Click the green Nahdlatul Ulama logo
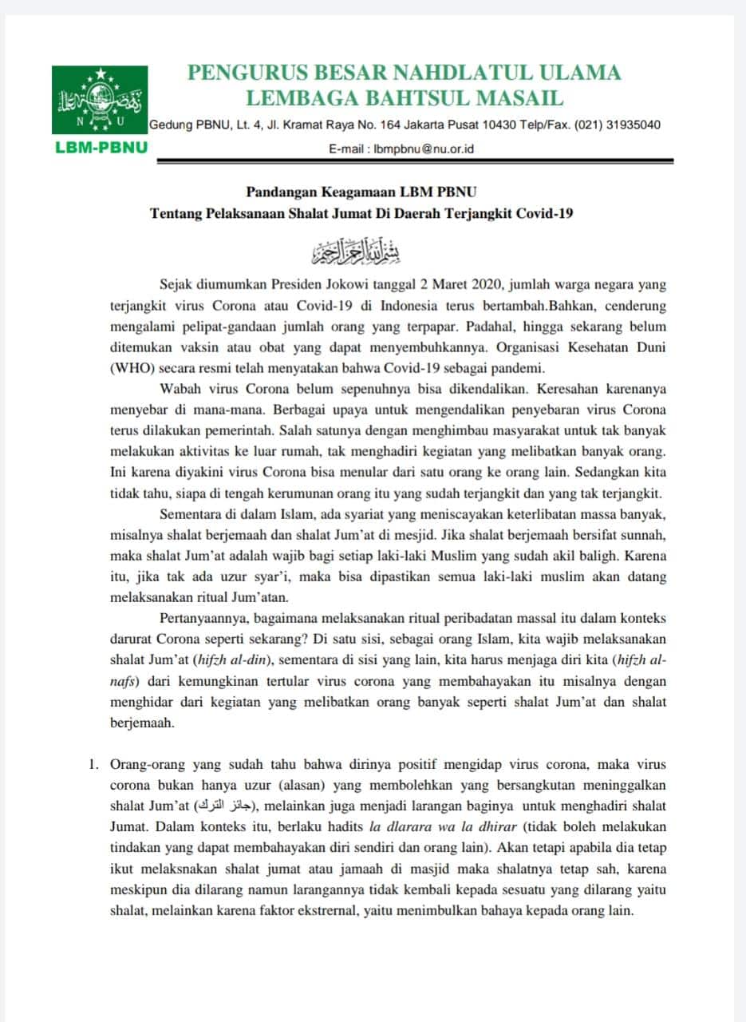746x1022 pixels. pyautogui.click(x=100, y=100)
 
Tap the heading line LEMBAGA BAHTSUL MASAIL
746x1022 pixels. pyautogui.click(x=405, y=98)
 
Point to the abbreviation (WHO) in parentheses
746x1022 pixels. pyautogui.click(x=134, y=368)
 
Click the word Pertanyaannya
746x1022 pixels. pyautogui.click(x=208, y=618)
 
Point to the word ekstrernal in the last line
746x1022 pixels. pyautogui.click(x=361, y=909)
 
